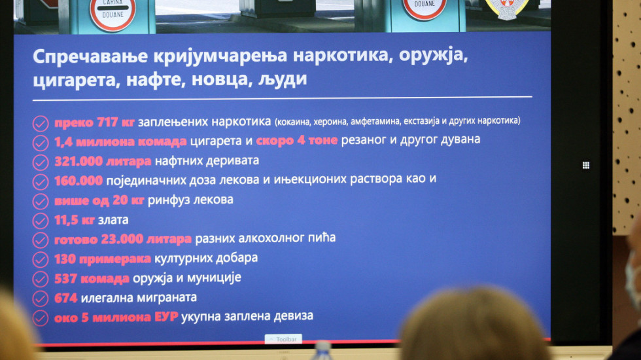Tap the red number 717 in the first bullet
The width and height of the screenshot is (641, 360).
pos(107,122)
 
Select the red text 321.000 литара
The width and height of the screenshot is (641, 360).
pos(103,161)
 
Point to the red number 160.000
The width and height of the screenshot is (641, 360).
pos(78,181)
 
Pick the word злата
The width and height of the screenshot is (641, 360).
pos(113,220)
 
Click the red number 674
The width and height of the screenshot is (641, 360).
pos(66,298)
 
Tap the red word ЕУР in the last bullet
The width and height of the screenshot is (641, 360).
pos(166,317)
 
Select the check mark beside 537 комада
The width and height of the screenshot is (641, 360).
pos(40,279)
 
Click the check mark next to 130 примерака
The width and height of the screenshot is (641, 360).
pos(40,259)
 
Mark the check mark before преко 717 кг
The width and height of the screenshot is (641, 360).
pos(40,123)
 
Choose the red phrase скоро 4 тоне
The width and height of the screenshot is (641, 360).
pos(297,140)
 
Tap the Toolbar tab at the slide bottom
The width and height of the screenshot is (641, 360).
pos(283,339)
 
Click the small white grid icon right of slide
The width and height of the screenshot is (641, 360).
pos(586,165)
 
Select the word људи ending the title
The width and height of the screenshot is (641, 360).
pos(283,79)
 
